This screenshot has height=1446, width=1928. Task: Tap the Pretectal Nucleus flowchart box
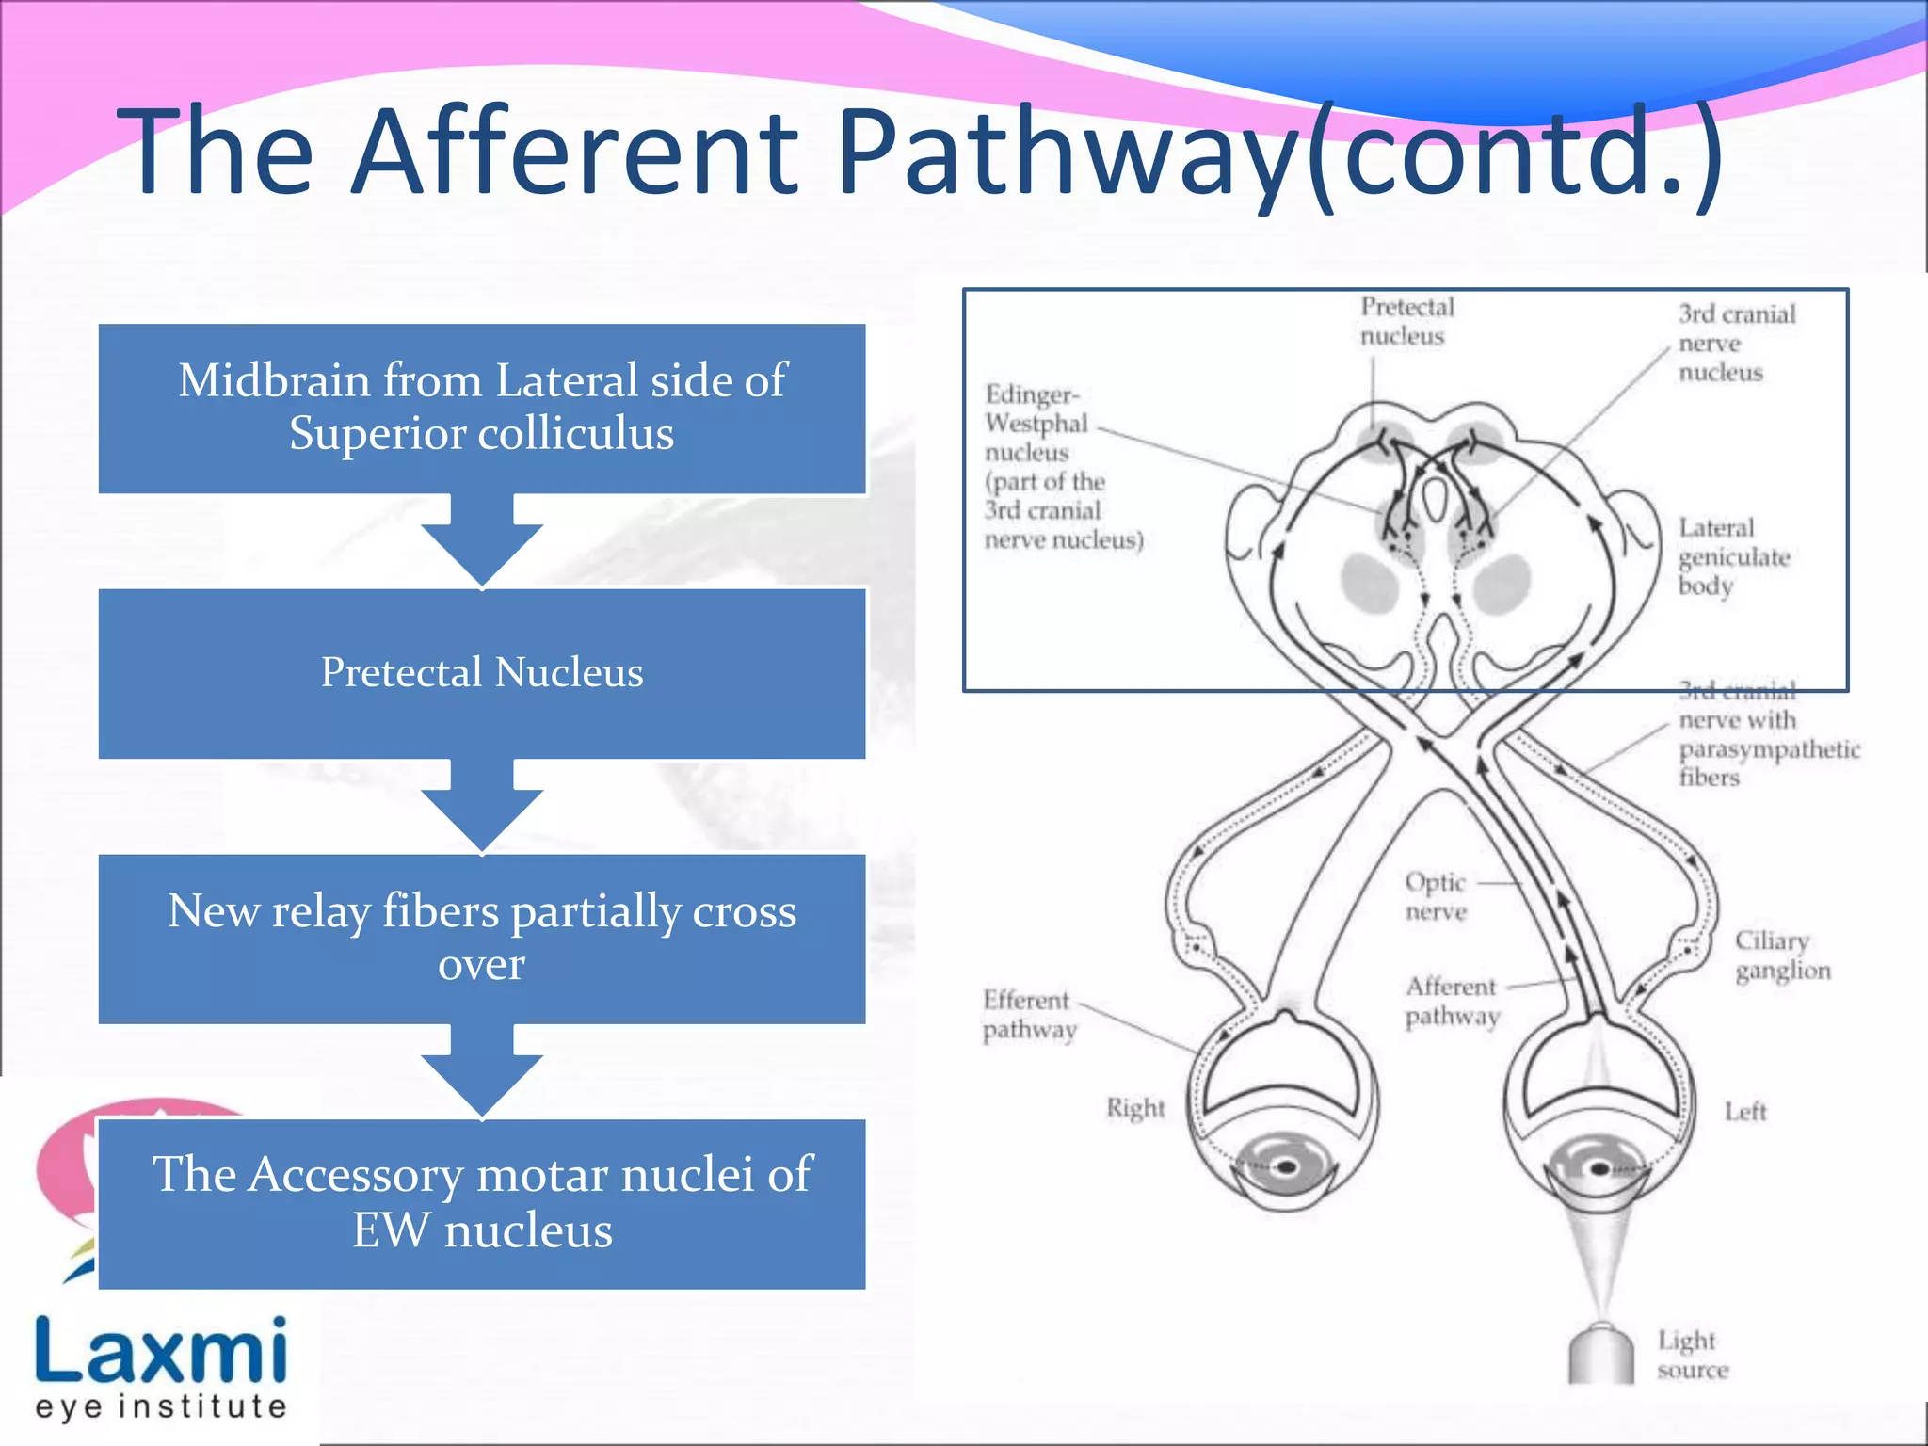tap(482, 673)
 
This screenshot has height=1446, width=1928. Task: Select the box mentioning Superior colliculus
tap(482, 408)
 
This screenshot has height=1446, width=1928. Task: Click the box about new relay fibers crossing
tap(482, 939)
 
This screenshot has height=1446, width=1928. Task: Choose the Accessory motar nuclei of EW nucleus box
tap(482, 1203)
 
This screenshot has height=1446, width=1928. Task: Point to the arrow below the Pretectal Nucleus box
tap(482, 807)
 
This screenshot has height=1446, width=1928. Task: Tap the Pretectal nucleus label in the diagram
tap(1406, 321)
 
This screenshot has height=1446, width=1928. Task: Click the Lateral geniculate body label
tap(1732, 556)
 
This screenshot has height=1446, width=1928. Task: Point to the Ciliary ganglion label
tap(1781, 955)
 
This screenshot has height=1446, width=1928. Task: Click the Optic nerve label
tap(1435, 896)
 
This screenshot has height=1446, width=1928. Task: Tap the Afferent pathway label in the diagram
tap(1452, 1001)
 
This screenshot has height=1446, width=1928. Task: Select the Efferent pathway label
tap(1028, 1014)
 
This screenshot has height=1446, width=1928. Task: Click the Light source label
tap(1692, 1354)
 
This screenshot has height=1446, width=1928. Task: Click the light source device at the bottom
tap(1600, 1354)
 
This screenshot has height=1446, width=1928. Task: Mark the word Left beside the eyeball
tap(1744, 1112)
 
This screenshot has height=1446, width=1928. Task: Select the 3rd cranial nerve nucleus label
tap(1735, 343)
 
